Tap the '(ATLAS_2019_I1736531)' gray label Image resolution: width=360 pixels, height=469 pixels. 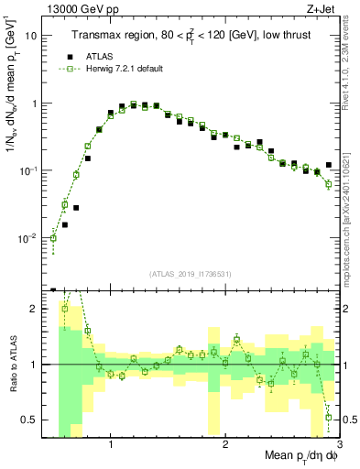tap(190, 273)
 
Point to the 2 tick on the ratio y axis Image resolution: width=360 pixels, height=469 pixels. tap(34, 309)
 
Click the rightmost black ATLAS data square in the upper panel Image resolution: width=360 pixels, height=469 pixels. tap(329, 165)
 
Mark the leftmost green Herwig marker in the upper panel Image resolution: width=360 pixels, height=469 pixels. tap(53, 238)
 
